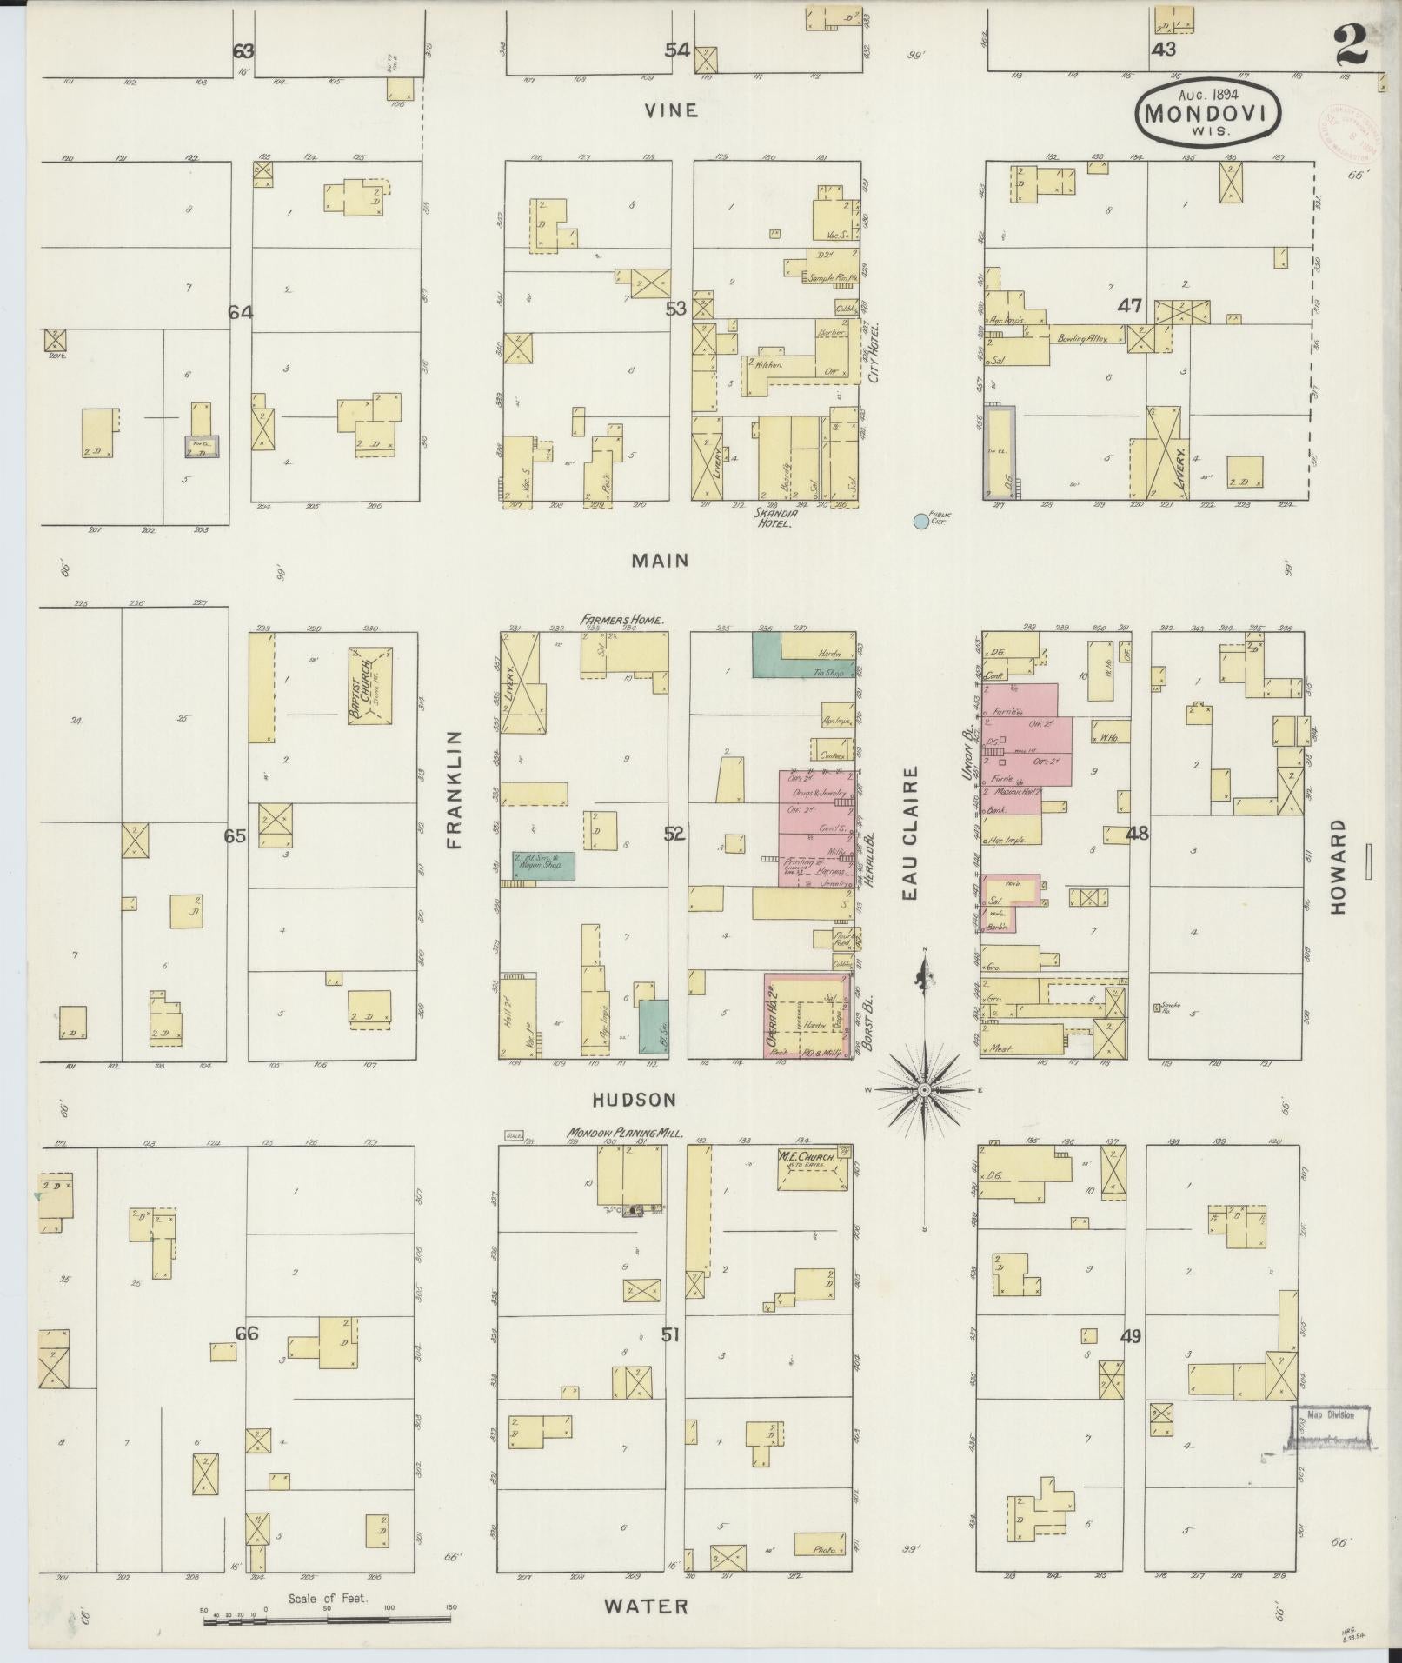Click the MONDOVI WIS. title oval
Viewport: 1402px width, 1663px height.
(1197, 113)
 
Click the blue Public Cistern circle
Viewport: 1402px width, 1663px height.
(920, 522)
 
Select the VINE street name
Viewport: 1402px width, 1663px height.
(670, 110)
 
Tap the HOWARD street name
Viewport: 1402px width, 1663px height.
(1336, 865)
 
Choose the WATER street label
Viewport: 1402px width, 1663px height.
(647, 1606)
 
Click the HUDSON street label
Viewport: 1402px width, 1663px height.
(634, 1100)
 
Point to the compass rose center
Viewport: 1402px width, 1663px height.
(925, 1089)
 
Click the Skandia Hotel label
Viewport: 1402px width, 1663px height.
(776, 519)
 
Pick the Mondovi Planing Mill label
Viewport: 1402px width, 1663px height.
(625, 1134)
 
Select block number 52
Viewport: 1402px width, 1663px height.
(674, 835)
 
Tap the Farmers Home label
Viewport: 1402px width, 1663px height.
(622, 621)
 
